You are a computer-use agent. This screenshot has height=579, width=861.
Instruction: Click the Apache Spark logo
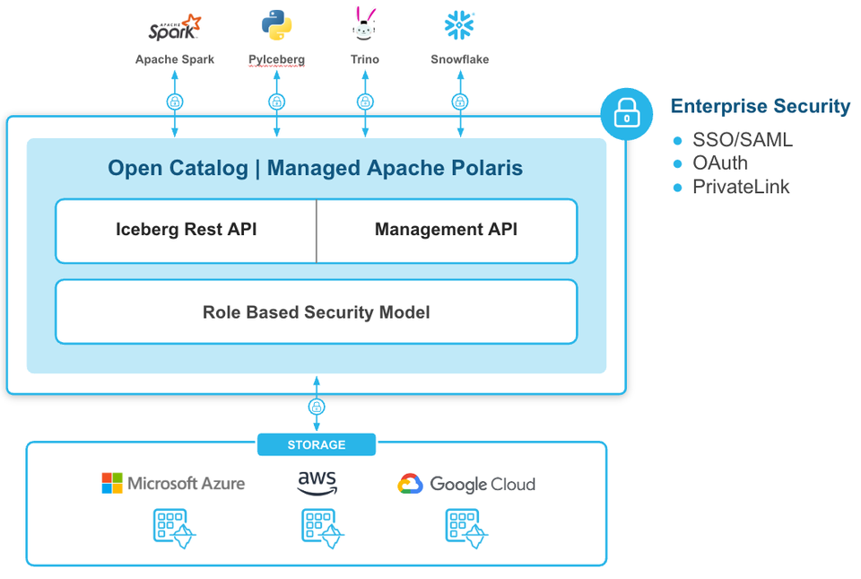coord(175,28)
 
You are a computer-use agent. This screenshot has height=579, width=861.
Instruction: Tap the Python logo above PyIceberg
coord(276,25)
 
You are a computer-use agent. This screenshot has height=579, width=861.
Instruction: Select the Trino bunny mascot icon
coord(364,24)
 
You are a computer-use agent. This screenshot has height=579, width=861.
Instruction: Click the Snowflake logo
coord(459,25)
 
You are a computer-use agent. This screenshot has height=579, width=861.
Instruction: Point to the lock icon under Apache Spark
coord(175,101)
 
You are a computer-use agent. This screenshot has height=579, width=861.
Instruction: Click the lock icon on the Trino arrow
coord(365,101)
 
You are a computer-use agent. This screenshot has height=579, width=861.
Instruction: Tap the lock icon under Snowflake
coord(460,101)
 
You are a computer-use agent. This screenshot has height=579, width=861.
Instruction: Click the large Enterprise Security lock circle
coord(627,114)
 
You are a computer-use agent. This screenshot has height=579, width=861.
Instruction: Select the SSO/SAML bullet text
coord(743,140)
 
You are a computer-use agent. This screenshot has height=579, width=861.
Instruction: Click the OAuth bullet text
coord(720,163)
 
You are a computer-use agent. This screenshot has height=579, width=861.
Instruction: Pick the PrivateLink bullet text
coord(741,187)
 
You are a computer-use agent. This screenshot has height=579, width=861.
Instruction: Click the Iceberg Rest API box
coord(187,231)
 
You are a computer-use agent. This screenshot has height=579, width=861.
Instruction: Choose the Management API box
coord(447,231)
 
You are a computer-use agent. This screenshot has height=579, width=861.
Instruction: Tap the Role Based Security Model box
coord(317,312)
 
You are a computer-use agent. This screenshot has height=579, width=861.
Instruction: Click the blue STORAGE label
coord(317,444)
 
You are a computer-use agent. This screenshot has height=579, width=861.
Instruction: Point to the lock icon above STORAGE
coord(317,407)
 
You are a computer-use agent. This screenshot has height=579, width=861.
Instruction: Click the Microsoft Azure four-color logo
coord(112,484)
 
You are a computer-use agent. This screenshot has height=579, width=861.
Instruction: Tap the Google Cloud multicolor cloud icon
coord(410,484)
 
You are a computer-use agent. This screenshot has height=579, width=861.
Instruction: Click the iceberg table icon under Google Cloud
coord(466,529)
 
